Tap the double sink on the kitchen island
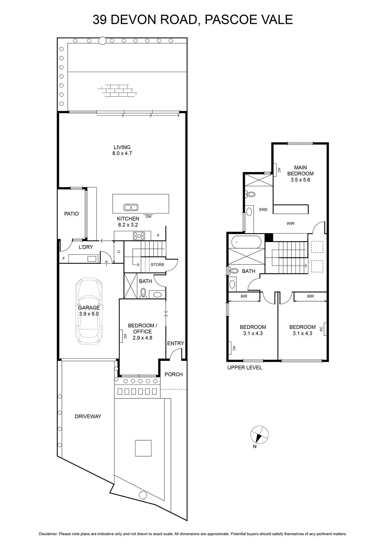click(131, 207)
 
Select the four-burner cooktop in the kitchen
click(139, 236)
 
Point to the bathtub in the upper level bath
click(246, 242)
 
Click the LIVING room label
click(122, 147)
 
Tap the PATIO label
click(71, 214)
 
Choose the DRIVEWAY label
click(88, 416)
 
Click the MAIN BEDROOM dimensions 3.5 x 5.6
click(300, 180)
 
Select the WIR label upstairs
click(290, 223)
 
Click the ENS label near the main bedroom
click(263, 209)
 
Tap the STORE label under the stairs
click(157, 265)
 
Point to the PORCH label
click(174, 374)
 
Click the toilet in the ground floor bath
click(143, 293)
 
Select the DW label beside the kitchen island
click(148, 216)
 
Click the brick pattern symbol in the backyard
click(117, 90)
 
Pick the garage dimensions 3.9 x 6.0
click(89, 314)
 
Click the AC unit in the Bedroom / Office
click(121, 336)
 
